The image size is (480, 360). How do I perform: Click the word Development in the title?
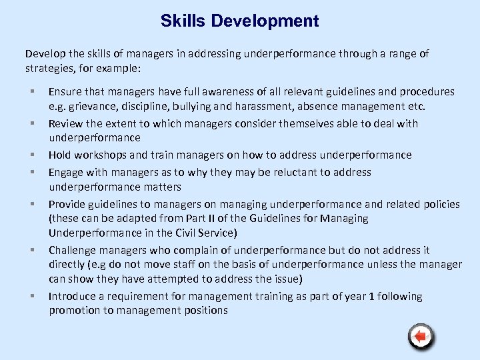[x=265, y=21]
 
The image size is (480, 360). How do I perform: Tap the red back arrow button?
[x=420, y=337]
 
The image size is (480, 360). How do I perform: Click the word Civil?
[x=197, y=233]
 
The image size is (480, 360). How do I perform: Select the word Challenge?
[x=73, y=251]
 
